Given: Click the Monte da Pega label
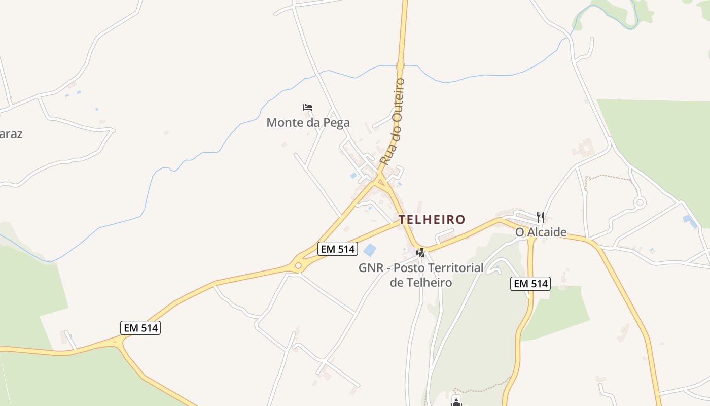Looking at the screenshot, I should (308, 123).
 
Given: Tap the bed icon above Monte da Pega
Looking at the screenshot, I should (308, 108).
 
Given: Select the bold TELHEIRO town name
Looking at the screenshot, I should (432, 220).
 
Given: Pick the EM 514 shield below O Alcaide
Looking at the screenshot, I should (530, 284).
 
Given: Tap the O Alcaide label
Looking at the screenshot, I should (541, 232).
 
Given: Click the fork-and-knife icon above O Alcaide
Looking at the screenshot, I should (541, 217).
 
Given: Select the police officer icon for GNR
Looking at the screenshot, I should (420, 252).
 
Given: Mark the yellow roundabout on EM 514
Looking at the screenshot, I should (298, 265).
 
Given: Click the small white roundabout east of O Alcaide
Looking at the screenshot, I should (640, 202).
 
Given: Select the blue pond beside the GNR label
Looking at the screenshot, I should (370, 250).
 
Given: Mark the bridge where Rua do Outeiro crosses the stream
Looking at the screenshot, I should (401, 65).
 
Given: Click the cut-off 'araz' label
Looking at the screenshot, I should (11, 134).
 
